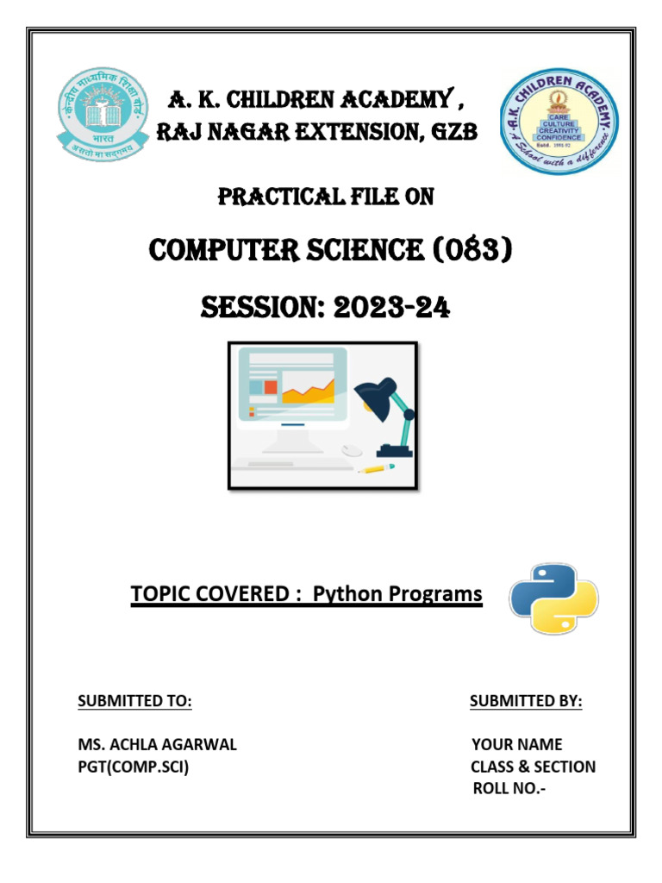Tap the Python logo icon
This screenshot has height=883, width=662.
pos(553,599)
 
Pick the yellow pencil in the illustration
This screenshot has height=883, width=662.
pos(376,468)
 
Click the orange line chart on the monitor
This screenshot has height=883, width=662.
pos(308,392)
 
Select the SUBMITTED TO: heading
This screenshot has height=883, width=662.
pos(134,702)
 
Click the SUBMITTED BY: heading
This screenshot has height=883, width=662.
pos(526,702)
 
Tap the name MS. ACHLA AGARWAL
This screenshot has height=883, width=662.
pos(157,744)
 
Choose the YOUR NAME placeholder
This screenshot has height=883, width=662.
pos(517,744)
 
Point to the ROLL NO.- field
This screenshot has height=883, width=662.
pos(509,789)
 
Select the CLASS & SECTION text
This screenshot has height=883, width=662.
pos(533,767)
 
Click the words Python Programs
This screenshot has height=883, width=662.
pos(397,594)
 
